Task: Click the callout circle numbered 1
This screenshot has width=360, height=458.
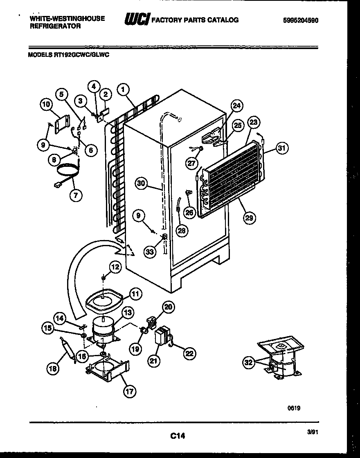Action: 122,88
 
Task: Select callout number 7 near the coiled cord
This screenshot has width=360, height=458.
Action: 75,195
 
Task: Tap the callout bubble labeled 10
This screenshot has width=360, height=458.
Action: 47,105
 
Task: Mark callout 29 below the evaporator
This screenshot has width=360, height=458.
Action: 249,218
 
